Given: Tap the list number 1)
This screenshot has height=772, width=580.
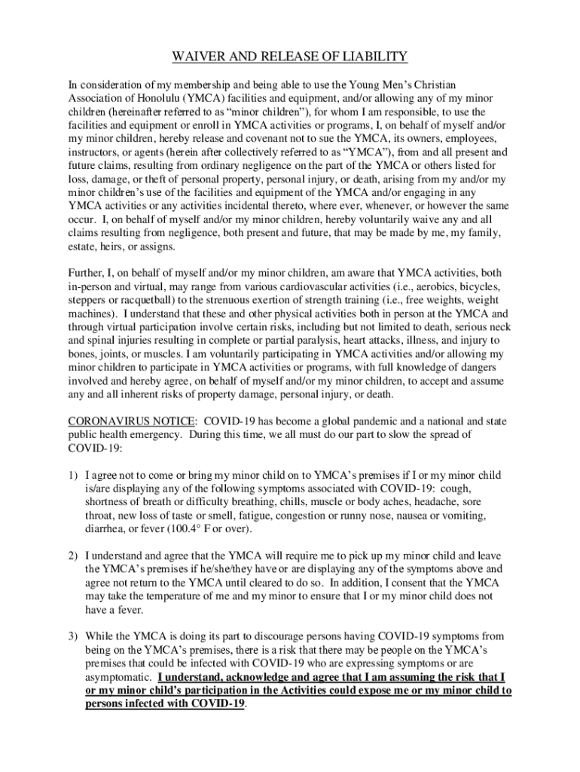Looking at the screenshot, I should [74, 476].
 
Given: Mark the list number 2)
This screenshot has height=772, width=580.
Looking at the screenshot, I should [74, 555].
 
